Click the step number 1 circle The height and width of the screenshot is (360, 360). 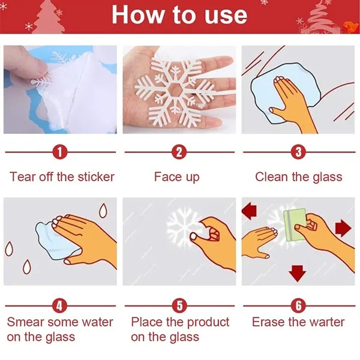[x=60, y=152]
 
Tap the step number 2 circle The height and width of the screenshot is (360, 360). [x=179, y=152]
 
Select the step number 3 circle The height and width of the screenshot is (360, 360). [x=298, y=152]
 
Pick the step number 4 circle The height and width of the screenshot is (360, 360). [x=59, y=306]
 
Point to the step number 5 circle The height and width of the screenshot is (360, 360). [x=179, y=306]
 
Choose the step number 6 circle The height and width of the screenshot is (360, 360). [x=298, y=306]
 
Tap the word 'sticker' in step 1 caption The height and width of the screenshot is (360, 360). [x=96, y=177]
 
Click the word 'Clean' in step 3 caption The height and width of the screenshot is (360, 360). [x=271, y=177]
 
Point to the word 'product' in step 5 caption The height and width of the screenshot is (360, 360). [x=208, y=323]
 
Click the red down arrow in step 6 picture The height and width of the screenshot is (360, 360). [x=298, y=274]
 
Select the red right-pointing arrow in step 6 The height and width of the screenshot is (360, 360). [x=343, y=228]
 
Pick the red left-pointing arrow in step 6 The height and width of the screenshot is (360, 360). [x=250, y=211]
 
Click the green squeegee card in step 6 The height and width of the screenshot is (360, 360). [x=293, y=225]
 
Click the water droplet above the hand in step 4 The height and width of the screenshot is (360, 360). [x=103, y=211]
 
